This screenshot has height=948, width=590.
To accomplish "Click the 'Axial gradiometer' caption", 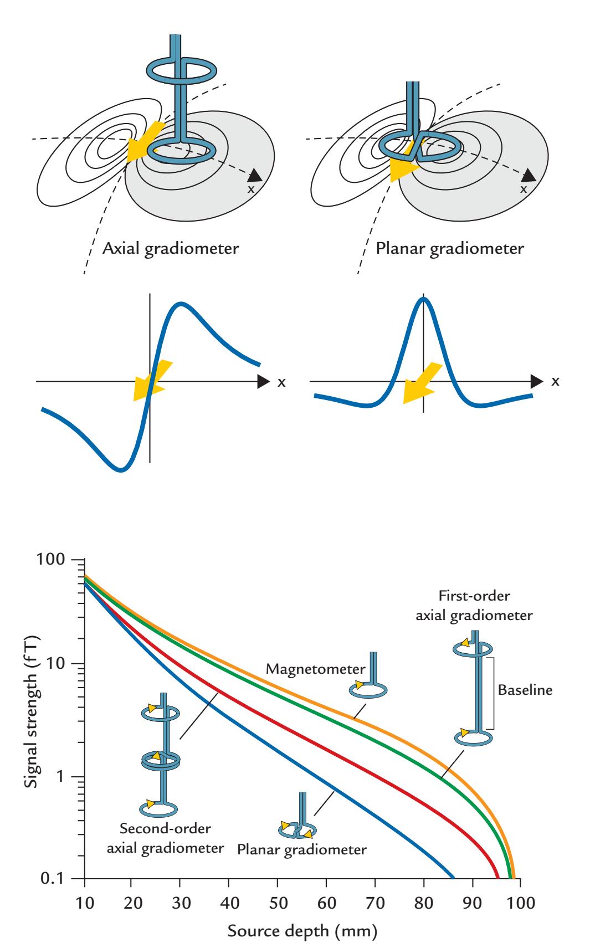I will pos(171,248).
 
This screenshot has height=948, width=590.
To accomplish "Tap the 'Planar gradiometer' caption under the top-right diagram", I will pos(449,248).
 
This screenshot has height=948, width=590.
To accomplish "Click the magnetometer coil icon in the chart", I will pos(369,688).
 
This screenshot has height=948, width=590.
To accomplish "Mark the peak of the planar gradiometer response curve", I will pos(423,299).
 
